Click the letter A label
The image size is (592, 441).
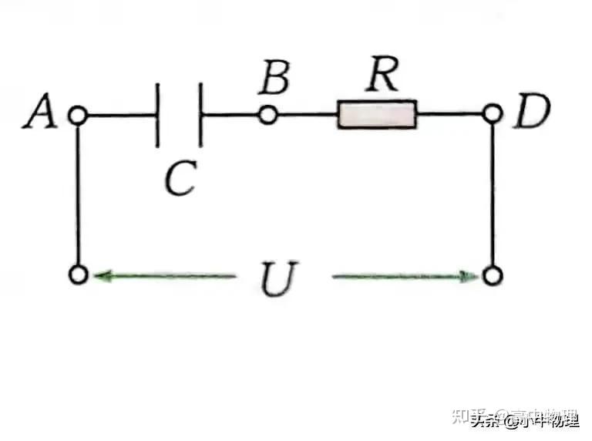40,114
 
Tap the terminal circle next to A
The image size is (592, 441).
76,116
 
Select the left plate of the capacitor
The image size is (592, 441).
158,116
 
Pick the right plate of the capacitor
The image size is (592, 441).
200,116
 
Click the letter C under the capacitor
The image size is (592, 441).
181,179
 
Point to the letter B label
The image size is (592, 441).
274,77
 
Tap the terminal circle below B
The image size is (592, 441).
267,116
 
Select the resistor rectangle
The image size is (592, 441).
377,116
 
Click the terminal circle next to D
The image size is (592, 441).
493,116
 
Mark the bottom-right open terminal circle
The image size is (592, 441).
493,275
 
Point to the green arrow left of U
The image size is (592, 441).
162,275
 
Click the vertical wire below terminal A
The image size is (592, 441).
77,193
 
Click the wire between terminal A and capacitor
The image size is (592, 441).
119,116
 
